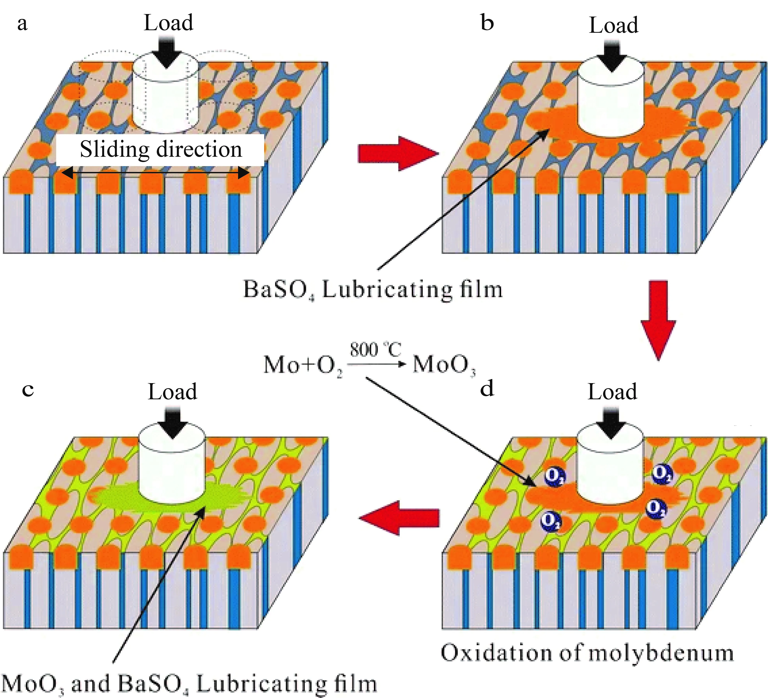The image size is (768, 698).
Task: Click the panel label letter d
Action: click(487, 389)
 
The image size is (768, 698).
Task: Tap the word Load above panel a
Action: click(168, 23)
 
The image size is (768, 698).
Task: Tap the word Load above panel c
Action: click(173, 392)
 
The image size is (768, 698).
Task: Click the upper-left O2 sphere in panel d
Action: click(554, 476)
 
